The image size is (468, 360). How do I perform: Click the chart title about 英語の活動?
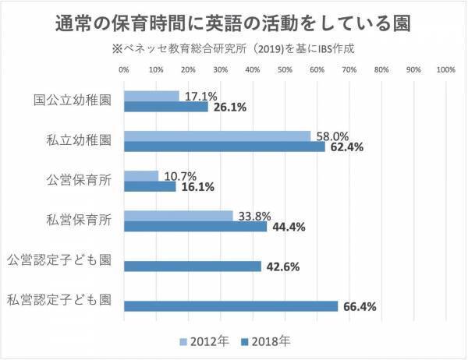pos(234,20)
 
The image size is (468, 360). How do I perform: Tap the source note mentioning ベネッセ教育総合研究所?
pos(234,48)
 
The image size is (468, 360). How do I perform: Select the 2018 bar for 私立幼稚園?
pos(225,146)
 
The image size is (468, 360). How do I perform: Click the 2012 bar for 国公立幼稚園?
pos(151,96)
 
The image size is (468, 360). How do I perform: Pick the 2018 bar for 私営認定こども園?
pos(231,306)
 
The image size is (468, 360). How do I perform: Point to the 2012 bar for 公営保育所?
pos(141,175)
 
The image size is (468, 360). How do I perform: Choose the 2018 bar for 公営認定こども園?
pos(193,266)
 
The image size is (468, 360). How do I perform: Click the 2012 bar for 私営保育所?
pos(179,215)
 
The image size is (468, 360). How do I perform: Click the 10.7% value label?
pos(177,175)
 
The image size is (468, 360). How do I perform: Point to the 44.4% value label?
pos(288,227)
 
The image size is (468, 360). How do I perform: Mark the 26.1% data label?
pos(229,108)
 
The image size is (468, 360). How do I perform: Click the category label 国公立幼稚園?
pos(73,101)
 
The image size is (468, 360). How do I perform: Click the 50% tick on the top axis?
pos(285,69)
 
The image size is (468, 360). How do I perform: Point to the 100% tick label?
pos(445,69)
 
